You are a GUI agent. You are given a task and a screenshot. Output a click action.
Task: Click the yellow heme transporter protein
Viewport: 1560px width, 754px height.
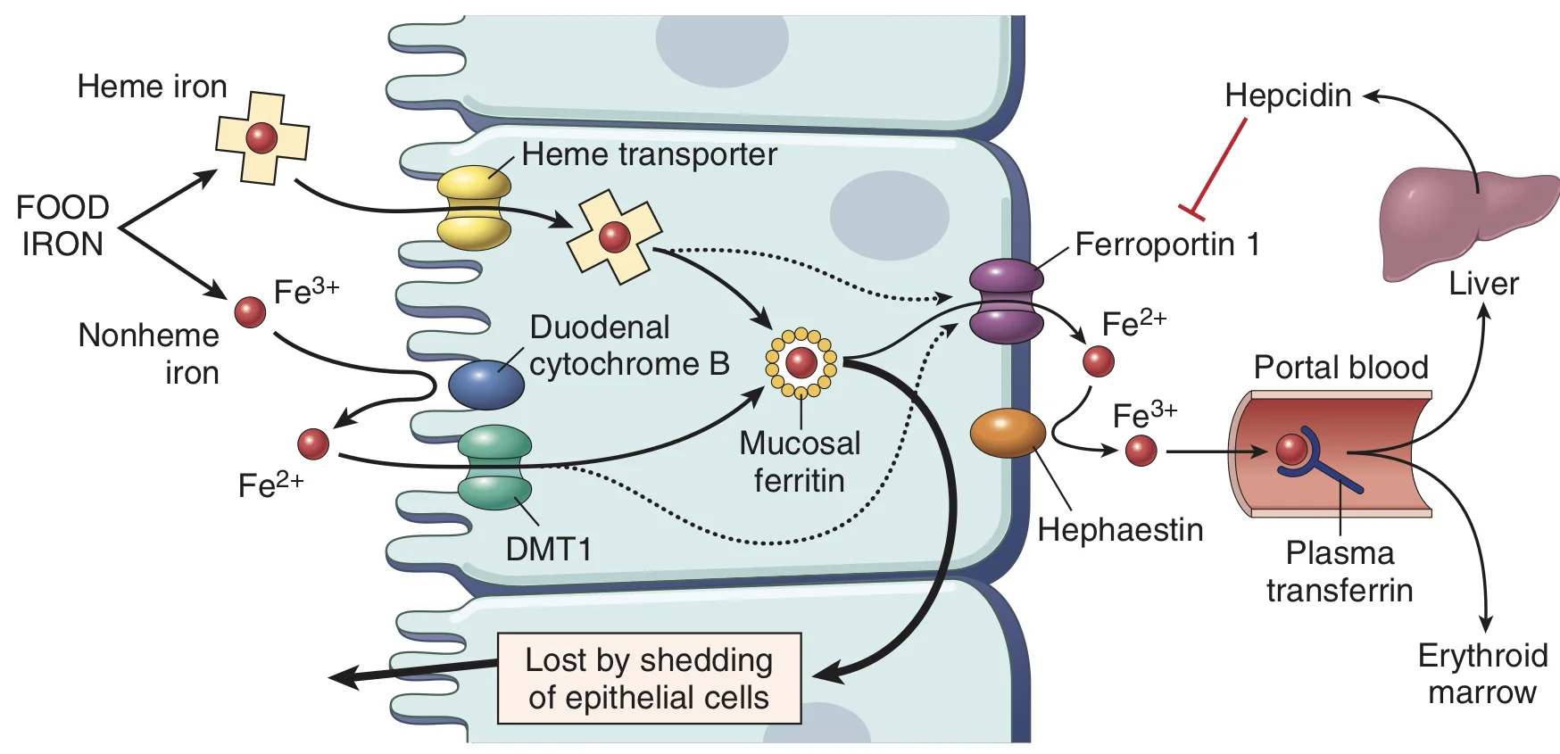(474, 207)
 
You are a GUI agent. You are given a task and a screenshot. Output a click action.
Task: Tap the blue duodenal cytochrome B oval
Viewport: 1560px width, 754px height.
(486, 385)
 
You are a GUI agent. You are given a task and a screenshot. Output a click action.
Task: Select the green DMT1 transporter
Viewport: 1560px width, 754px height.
(494, 467)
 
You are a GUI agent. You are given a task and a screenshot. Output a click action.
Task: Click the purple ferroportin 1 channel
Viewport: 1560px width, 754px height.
(1007, 302)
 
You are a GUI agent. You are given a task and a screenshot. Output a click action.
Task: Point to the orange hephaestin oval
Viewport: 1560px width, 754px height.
(1008, 433)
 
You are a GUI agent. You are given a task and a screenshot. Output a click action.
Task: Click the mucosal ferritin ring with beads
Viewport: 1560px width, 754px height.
(801, 362)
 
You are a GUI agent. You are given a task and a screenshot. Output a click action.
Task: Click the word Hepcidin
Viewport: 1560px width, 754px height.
(1288, 95)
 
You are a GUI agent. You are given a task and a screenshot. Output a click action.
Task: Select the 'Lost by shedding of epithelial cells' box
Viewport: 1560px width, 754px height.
(649, 678)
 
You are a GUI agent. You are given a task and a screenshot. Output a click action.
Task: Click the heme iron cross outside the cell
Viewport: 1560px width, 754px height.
(262, 138)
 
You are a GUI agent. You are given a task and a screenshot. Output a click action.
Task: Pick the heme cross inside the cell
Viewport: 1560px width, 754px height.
(615, 236)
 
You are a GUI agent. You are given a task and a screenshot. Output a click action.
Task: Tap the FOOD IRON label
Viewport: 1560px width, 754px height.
(62, 225)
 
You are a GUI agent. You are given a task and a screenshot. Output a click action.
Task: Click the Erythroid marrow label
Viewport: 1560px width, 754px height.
(1482, 674)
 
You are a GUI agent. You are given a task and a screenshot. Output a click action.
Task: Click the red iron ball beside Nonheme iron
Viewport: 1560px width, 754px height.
(250, 311)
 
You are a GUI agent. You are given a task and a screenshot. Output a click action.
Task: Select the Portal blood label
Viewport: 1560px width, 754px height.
(1340, 367)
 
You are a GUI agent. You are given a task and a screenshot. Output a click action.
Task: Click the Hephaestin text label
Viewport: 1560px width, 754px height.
(1120, 530)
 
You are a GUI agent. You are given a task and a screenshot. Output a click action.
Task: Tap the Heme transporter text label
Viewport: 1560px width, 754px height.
(649, 154)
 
